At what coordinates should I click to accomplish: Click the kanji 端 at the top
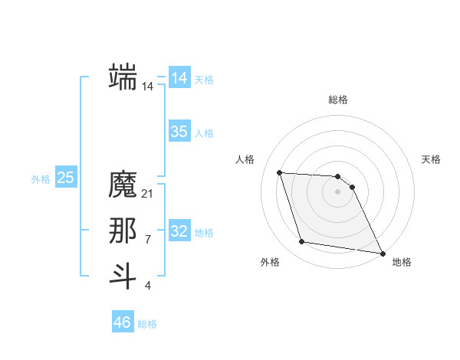[x=123, y=77]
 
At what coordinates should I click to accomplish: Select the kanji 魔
[x=123, y=185]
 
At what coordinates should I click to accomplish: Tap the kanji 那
[x=123, y=231]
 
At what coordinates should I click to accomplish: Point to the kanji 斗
[x=123, y=276]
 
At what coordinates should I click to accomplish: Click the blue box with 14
[x=179, y=78]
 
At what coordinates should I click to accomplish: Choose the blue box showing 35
[x=179, y=132]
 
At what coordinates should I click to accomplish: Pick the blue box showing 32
[x=179, y=231]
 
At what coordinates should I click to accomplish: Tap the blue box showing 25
[x=66, y=178]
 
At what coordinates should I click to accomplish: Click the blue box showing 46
[x=123, y=322]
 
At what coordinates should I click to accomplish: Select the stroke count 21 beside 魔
[x=148, y=194]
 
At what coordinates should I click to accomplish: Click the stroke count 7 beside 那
[x=148, y=240]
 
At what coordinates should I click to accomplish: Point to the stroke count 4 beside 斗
[x=148, y=286]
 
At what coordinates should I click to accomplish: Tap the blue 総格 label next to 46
[x=147, y=324]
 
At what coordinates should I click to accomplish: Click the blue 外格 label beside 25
[x=41, y=179]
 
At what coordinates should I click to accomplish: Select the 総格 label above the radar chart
[x=338, y=100]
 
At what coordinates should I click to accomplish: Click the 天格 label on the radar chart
[x=431, y=159]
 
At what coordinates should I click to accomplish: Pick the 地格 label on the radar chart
[x=402, y=262]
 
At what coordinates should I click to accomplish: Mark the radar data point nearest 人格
[x=280, y=172]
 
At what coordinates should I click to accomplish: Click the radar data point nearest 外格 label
[x=302, y=242]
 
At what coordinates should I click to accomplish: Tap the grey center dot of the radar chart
[x=337, y=191]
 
